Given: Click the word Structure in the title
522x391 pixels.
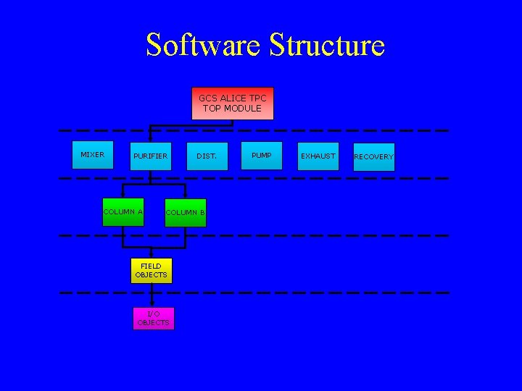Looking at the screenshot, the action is coord(327,45).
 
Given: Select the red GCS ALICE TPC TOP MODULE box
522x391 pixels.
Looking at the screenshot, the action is coord(232,104).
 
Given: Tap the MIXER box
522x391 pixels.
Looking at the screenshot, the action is coord(93,155).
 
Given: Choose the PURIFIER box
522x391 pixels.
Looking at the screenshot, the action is coord(150,156).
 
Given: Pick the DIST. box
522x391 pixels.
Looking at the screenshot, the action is coord(206,156).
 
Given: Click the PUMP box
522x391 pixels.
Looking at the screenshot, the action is coord(261,156).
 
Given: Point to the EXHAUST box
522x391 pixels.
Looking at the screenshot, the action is coord(318,156).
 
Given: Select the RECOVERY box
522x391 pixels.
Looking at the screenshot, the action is coord(373,157).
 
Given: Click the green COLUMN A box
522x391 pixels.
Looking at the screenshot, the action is coord(123,212).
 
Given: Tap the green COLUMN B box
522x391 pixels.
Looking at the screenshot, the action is coord(186,213).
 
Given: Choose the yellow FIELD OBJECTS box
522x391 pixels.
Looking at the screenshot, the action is coord(151,270).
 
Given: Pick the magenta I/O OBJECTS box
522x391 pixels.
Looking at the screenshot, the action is coord(153,318).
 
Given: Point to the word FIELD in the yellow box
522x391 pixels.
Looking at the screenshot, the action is coord(151,266).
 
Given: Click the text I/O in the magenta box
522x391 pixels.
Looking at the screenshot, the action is coord(153,314).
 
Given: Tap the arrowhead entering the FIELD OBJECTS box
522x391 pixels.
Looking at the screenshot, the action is coord(152,255).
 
